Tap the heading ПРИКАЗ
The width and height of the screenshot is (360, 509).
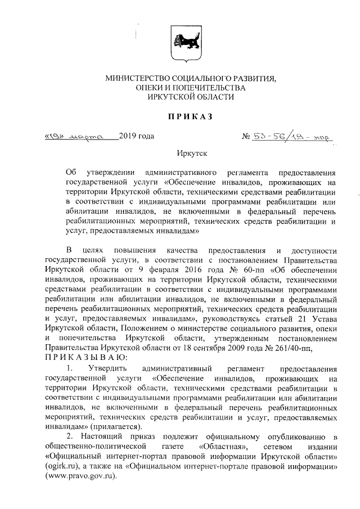tap(180, 116)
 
